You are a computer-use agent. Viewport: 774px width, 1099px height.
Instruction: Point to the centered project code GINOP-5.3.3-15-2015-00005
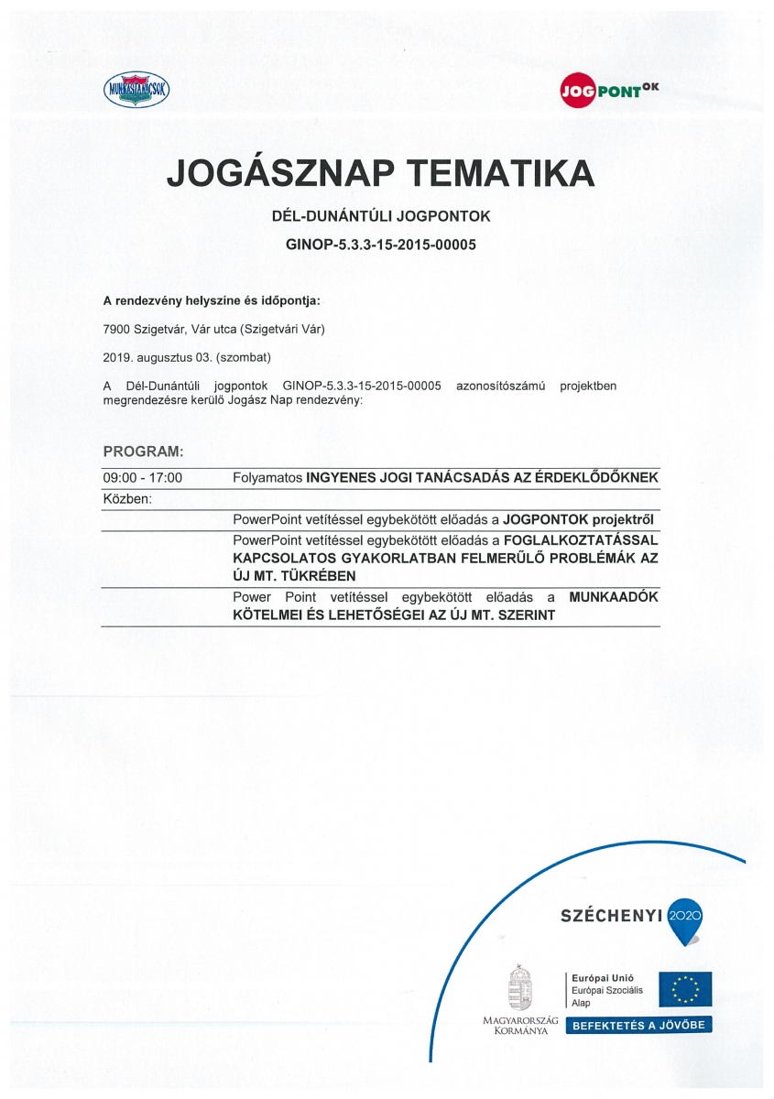(x=380, y=245)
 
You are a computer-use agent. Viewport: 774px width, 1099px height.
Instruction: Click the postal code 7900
(x=117, y=328)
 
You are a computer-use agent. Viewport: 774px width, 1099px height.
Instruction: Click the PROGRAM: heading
(x=143, y=452)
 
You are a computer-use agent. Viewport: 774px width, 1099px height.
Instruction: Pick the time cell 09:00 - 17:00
(x=142, y=478)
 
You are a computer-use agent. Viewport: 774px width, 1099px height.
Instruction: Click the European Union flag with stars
(x=684, y=990)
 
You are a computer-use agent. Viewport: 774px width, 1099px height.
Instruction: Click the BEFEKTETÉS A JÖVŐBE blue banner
(x=638, y=1025)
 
